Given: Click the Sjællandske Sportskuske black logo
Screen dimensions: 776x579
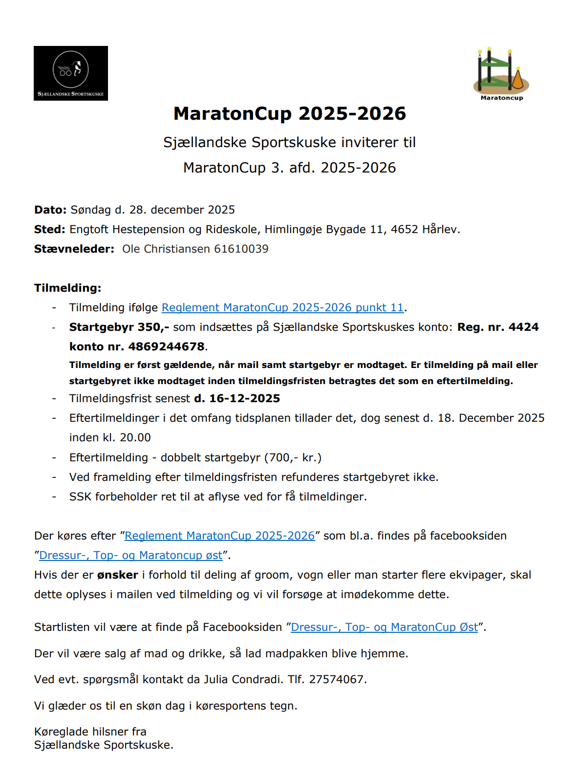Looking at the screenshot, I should (71, 73).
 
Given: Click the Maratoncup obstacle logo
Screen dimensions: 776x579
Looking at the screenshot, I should (501, 73).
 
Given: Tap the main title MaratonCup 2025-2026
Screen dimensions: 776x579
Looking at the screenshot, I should (290, 114).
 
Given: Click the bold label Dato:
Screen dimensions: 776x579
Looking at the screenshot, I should (50, 210).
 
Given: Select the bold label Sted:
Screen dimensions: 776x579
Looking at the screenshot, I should (49, 230).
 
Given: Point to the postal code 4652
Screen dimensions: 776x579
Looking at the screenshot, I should (404, 230).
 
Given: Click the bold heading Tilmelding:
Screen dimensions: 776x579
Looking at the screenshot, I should (67, 288).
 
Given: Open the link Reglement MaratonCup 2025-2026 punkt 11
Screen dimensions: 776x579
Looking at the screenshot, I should (282, 308).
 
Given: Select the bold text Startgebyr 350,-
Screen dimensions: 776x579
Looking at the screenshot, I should (119, 327).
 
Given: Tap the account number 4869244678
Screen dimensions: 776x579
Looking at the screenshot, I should (166, 347).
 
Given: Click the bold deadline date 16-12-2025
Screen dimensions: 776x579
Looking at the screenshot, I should (244, 399).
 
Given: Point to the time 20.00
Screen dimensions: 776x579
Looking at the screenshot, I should (135, 438).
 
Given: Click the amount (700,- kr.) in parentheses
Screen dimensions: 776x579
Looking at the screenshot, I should (293, 458).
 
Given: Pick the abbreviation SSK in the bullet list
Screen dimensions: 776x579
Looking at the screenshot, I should (80, 497).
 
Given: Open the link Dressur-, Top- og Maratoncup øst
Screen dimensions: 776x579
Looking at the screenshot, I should (130, 556).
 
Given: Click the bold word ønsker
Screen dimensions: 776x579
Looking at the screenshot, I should (117, 575).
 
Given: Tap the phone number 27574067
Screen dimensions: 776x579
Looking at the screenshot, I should (336, 680).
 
